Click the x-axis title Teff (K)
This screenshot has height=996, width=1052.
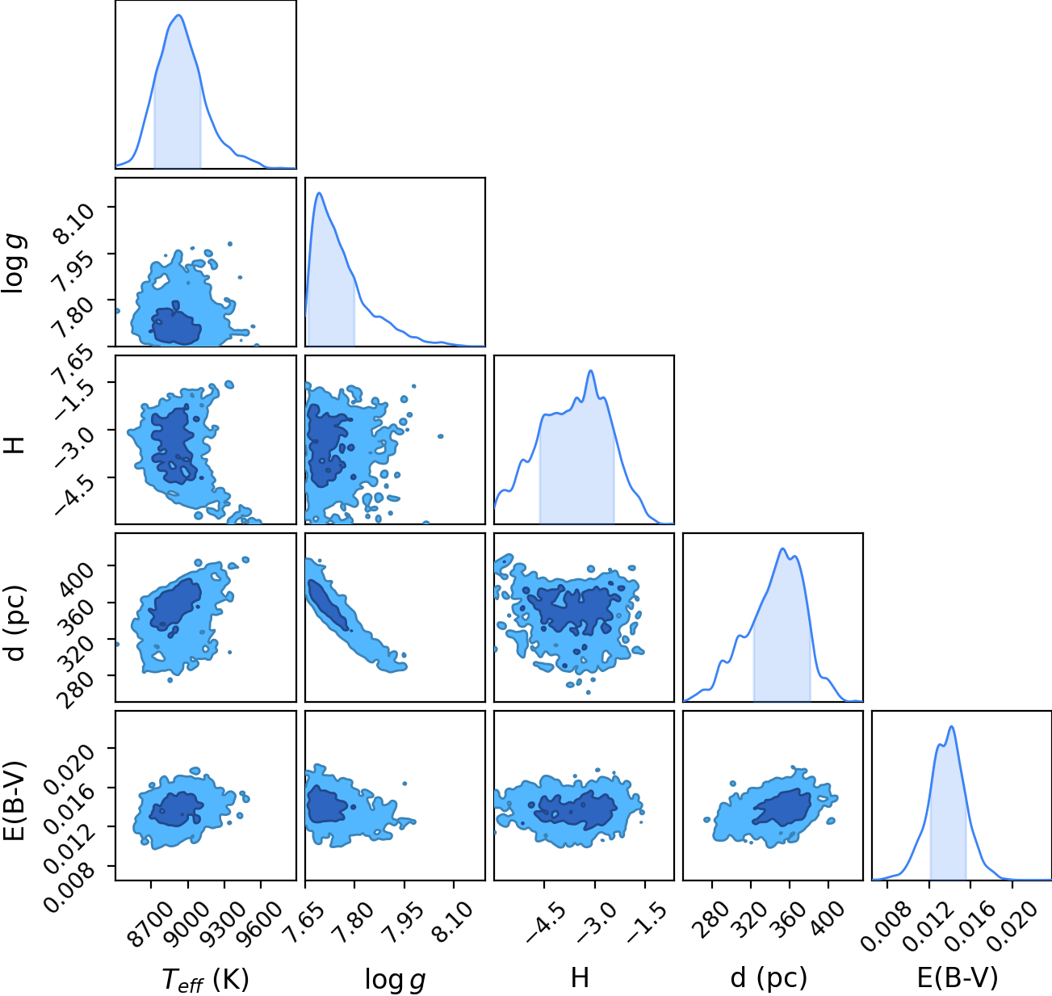pos(206,979)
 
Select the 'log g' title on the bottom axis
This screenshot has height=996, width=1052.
pos(395,979)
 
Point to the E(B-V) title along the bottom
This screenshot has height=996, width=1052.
pos(958,977)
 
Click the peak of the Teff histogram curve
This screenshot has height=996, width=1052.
pos(179,15)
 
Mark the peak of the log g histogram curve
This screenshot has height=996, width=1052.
pos(320,193)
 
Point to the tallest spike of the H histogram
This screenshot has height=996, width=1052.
pos(591,371)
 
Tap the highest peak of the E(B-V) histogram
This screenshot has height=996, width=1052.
pos(952,727)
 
